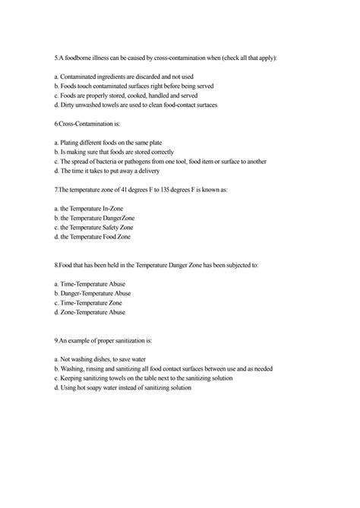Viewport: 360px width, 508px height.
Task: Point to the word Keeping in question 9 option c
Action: (74, 378)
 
